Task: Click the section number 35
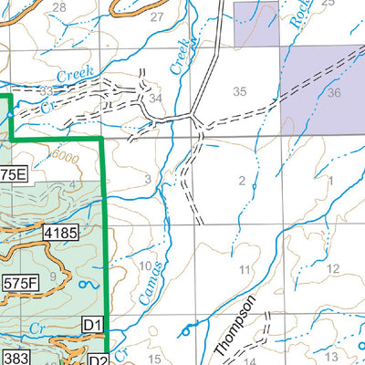tap(240, 91)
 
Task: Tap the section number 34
tap(156, 98)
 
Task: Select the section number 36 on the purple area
tap(333, 93)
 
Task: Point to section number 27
tap(156, 17)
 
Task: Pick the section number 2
tap(242, 180)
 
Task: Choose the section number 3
tap(148, 177)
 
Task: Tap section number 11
tap(244, 269)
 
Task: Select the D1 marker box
tap(92, 324)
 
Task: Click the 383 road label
tap(16, 357)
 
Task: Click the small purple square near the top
tap(255, 24)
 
